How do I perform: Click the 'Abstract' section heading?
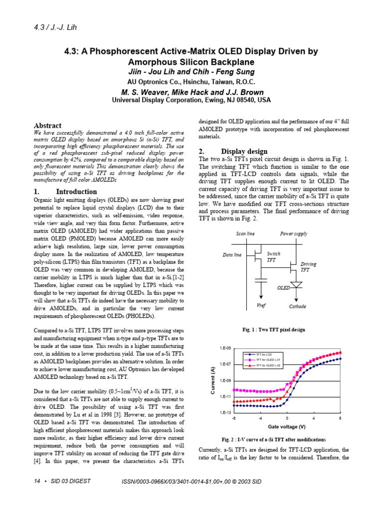(x=47, y=126)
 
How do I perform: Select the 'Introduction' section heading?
(x=76, y=192)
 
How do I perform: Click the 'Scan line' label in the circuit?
(x=245, y=234)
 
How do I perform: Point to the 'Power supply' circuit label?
(x=294, y=234)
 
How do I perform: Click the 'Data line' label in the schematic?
(x=232, y=255)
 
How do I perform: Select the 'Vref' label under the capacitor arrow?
(x=261, y=306)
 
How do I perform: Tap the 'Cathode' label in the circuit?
(x=298, y=306)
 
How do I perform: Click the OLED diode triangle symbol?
(x=296, y=284)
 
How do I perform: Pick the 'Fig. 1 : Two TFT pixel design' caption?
(x=274, y=330)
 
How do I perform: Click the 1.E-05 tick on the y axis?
(x=224, y=348)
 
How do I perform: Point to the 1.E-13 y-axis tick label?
(x=224, y=413)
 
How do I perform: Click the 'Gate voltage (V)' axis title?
(x=287, y=427)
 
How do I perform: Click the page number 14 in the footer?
(x=37, y=481)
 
